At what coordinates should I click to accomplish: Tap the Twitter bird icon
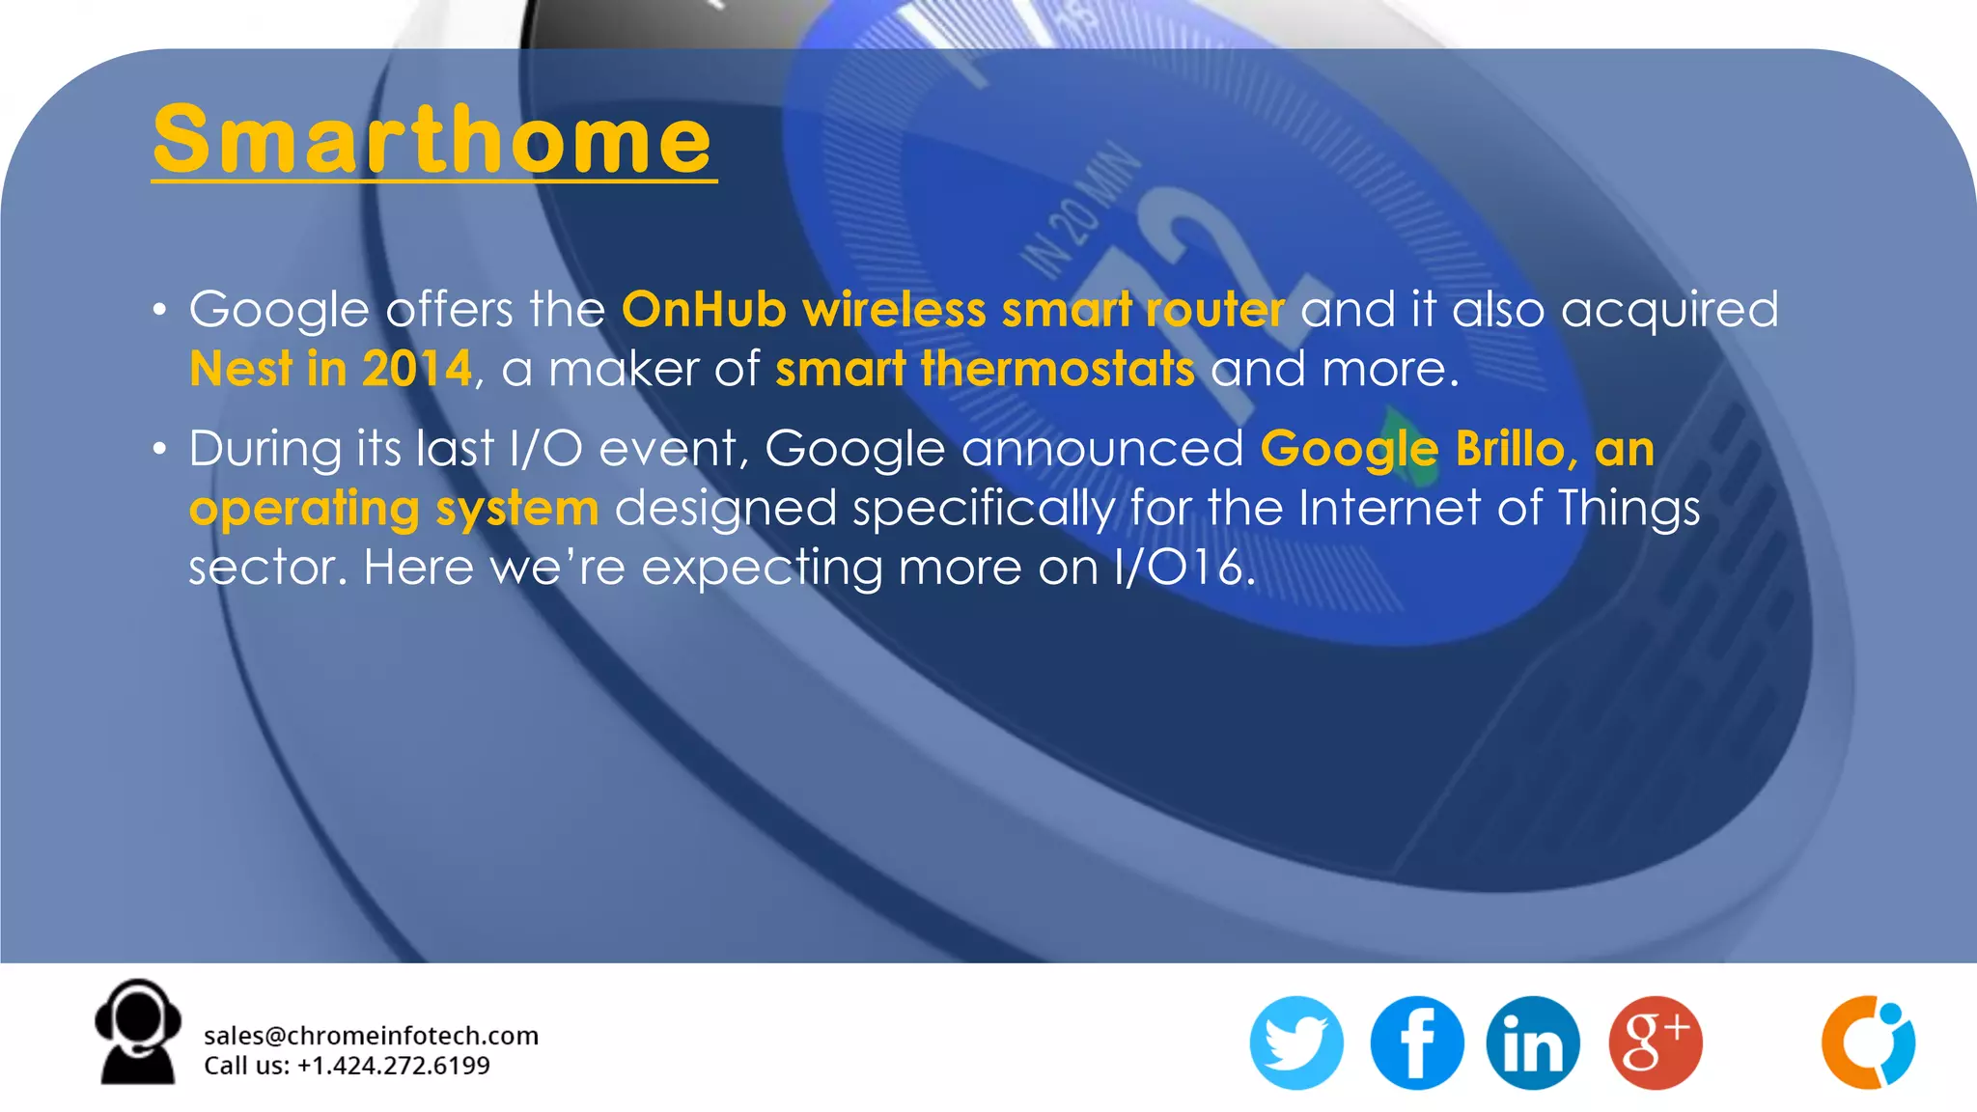(1296, 1043)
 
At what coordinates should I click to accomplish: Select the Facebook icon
(1416, 1043)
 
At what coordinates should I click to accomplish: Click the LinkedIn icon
(1533, 1043)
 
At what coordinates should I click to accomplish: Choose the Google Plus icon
(1655, 1043)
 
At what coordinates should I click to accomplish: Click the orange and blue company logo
(1868, 1042)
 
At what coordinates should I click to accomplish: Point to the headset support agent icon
(138, 1033)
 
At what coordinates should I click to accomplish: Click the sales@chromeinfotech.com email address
(371, 1036)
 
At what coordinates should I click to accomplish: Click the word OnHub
(704, 310)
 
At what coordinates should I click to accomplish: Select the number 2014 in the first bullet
(417, 369)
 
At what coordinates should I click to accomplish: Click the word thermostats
(1057, 369)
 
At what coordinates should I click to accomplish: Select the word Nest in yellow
(239, 369)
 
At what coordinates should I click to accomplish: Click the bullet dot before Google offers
(159, 310)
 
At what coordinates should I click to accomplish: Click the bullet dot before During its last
(159, 449)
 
